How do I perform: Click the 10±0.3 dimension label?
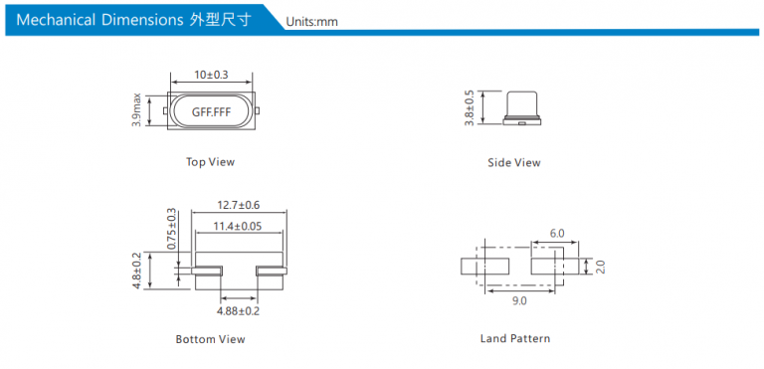click(212, 75)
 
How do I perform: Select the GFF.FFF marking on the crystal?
click(211, 111)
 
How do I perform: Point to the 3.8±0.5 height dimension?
click(470, 107)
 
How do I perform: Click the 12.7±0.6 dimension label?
click(239, 205)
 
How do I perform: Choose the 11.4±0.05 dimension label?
click(238, 226)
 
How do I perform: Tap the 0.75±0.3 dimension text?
click(171, 229)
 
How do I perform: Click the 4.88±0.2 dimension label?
click(239, 311)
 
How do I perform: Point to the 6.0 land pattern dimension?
click(557, 234)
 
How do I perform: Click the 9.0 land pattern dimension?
click(519, 301)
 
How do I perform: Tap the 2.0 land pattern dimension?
click(600, 268)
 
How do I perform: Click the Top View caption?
click(211, 162)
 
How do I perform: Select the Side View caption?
click(514, 163)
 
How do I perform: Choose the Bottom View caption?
click(211, 339)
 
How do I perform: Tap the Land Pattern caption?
click(515, 338)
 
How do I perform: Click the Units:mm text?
click(311, 22)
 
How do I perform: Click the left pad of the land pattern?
click(484, 267)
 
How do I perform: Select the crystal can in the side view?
click(522, 104)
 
